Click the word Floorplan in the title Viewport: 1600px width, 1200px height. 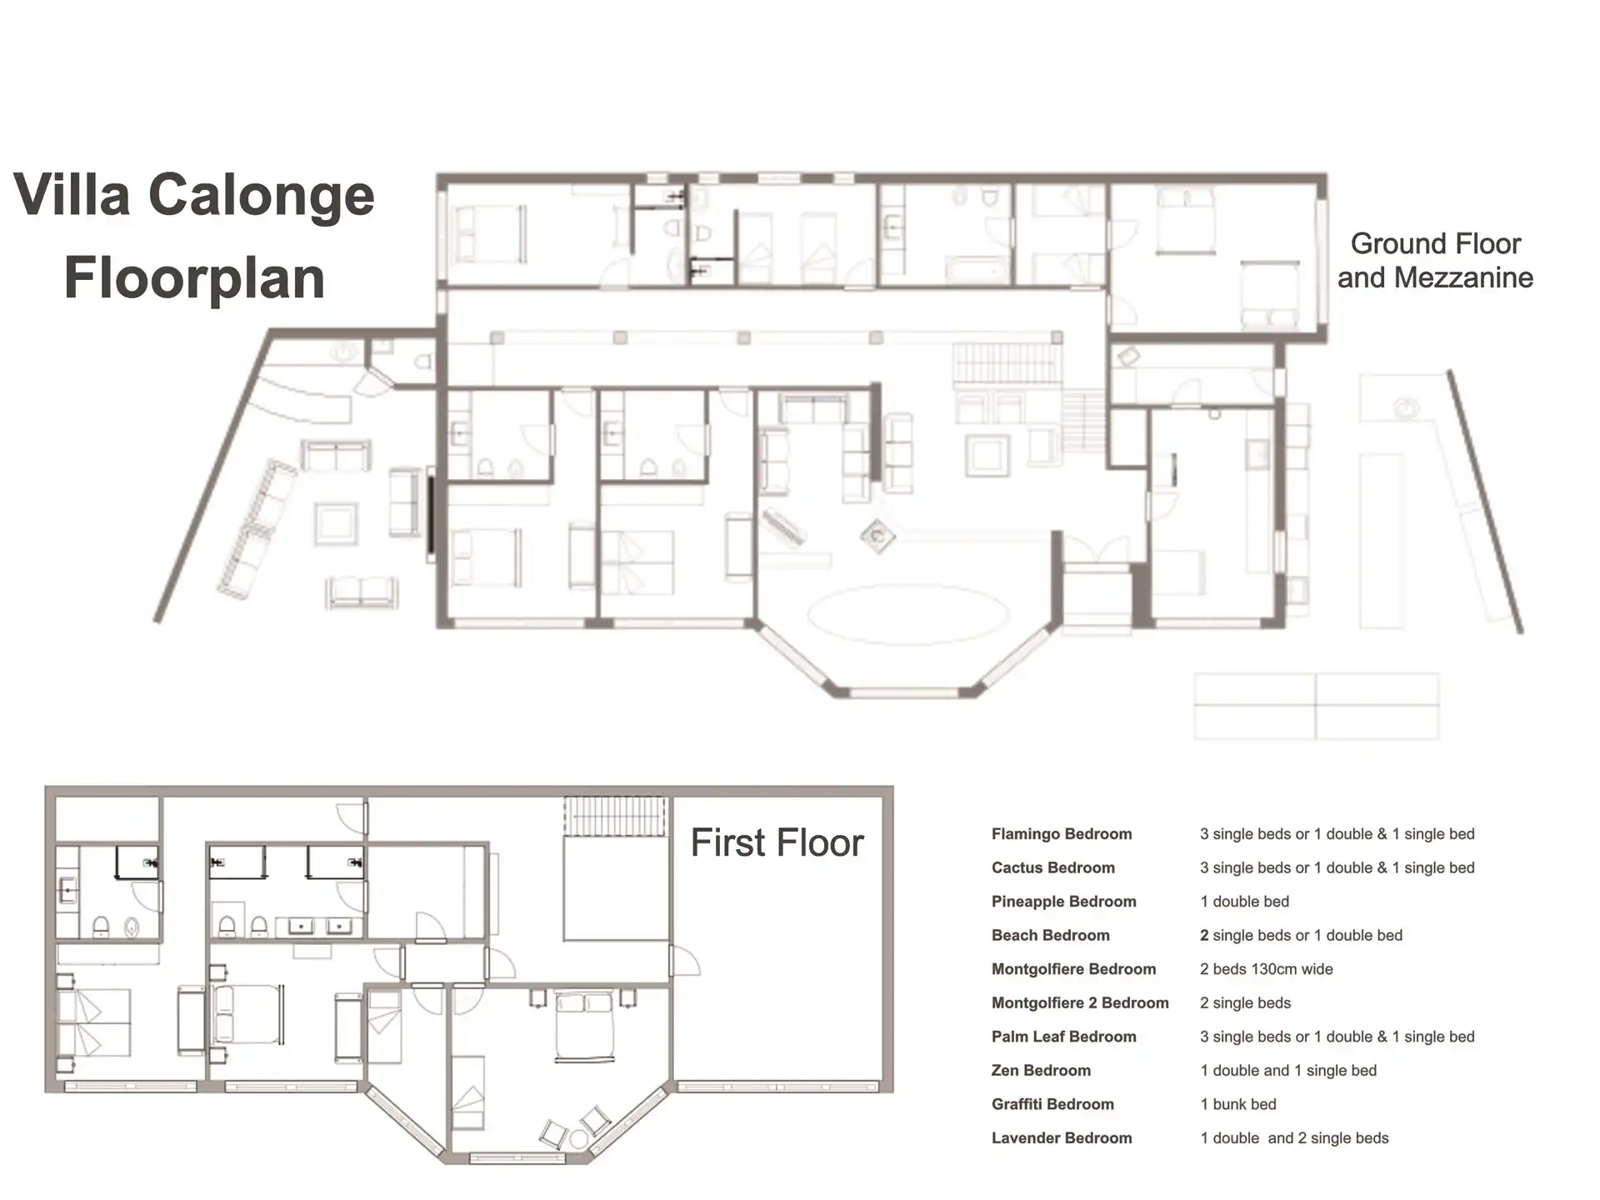[x=194, y=278]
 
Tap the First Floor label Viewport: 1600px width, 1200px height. [x=777, y=842]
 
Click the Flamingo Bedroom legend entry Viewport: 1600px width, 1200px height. [x=1061, y=834]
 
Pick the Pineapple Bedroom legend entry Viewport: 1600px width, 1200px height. [x=1063, y=902]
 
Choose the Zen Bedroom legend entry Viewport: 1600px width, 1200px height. [x=1041, y=1071]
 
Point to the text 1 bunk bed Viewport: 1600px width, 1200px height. [x=1238, y=1104]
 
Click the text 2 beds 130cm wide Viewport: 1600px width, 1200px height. [x=1267, y=969]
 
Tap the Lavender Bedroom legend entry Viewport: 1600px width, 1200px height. [x=1062, y=1138]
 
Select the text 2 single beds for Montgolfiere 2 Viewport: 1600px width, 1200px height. [x=1245, y=1003]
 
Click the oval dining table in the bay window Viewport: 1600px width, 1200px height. [x=908, y=614]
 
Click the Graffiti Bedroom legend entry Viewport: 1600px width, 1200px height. [x=1052, y=1104]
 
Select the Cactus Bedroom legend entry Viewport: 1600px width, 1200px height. [x=1052, y=867]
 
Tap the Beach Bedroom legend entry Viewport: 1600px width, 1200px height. [x=1050, y=936]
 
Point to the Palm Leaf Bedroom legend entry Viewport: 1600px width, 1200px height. [x=1063, y=1037]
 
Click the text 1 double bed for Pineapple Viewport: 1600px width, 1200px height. [x=1244, y=902]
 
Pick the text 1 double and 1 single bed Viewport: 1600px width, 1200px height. [x=1288, y=1071]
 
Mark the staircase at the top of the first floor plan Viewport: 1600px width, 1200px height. [x=617, y=816]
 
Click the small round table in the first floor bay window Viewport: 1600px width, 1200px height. [x=579, y=1138]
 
